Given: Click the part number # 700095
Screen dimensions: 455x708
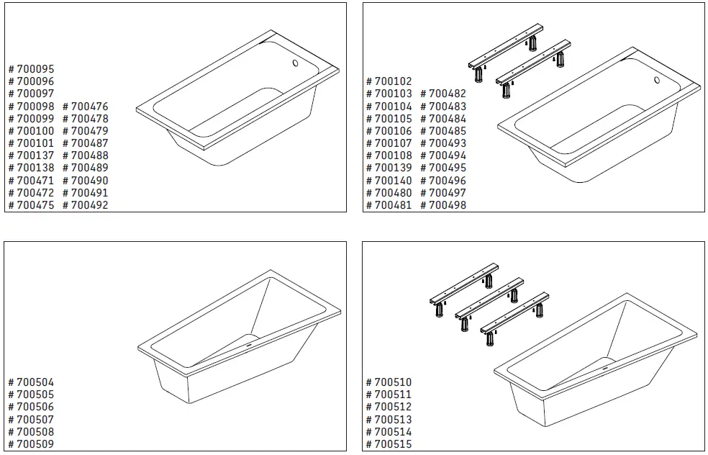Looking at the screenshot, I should click(31, 69).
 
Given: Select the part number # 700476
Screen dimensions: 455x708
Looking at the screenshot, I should click(86, 107).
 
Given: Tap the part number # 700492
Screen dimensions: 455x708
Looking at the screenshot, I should click(86, 205).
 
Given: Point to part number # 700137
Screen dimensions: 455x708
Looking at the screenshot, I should click(31, 156).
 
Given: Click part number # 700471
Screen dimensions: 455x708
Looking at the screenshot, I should click(31, 181).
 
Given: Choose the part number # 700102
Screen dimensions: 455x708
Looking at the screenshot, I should click(389, 81).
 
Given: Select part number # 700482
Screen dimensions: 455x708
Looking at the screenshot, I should click(443, 94).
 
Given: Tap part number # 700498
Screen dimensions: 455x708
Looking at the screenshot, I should click(443, 205).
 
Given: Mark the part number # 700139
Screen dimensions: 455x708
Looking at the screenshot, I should click(389, 168).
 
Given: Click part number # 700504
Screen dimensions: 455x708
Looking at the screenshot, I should click(31, 382).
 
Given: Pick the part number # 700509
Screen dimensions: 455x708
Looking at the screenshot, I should click(31, 444).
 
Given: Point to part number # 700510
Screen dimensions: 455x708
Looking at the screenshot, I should click(389, 382).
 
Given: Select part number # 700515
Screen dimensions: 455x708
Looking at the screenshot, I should click(389, 444).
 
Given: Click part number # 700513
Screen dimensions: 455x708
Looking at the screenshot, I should click(389, 420).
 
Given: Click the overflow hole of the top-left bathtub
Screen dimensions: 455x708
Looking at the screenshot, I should click(294, 63).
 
